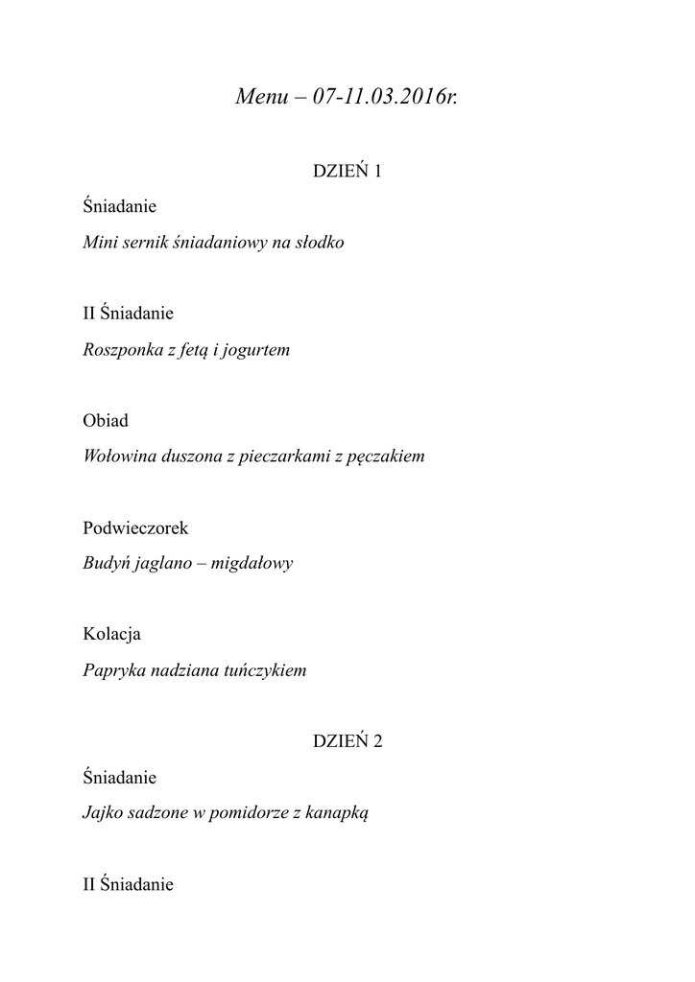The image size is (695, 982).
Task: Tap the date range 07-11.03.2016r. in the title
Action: coord(385,98)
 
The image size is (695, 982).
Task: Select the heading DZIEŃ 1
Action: coord(347,172)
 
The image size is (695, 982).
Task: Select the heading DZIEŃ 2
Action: coord(347,741)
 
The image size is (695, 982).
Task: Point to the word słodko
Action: coord(319,243)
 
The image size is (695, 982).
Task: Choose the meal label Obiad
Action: coord(106,421)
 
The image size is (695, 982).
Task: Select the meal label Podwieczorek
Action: coord(135,528)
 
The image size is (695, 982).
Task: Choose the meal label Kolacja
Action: coord(112,635)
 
